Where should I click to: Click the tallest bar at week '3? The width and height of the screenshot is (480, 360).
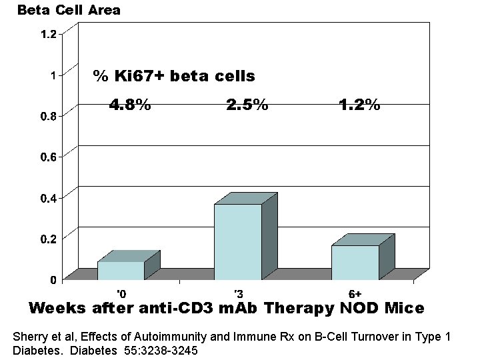point(238,241)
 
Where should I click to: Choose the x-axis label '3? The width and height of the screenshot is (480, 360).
point(238,293)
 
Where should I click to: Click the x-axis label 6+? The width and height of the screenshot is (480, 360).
point(355,293)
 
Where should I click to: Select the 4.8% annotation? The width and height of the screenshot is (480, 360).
point(130,105)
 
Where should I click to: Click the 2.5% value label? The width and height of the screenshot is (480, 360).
point(247,105)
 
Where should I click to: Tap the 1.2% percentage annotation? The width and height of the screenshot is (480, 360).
point(359,105)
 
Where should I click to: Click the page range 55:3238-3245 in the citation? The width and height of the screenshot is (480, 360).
point(157,351)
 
